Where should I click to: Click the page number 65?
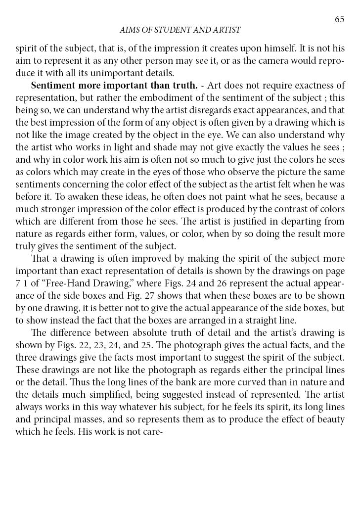[x=339, y=19]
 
